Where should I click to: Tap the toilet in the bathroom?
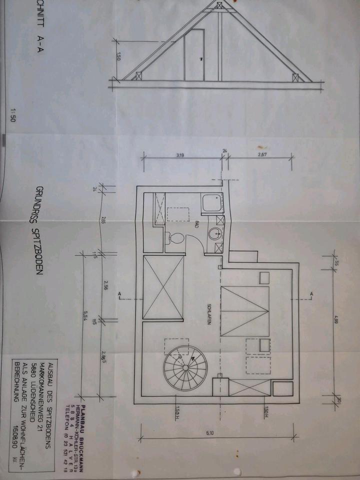pos(173,238)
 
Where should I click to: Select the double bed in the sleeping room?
pos(245,311)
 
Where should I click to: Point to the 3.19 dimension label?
pos(180,155)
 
